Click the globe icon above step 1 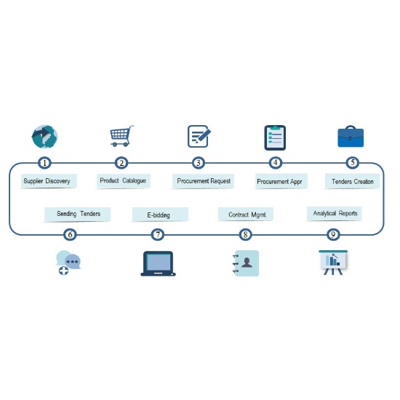pos(45,137)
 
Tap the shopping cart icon pos(121,136)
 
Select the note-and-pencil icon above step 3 pos(199,136)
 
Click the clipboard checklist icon pos(275,137)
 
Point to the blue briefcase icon pos(351,136)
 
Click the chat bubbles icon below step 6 pos(68,263)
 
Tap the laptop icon pos(158,263)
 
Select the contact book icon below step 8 pos(246,263)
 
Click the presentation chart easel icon pos(333,263)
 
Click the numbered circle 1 pos(44,163)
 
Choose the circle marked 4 pos(275,162)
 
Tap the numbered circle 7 pos(158,234)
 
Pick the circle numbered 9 pos(333,234)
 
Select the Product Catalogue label pos(123,181)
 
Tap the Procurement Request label pos(203,181)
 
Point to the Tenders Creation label pos(352,181)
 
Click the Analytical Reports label pos(335,214)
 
